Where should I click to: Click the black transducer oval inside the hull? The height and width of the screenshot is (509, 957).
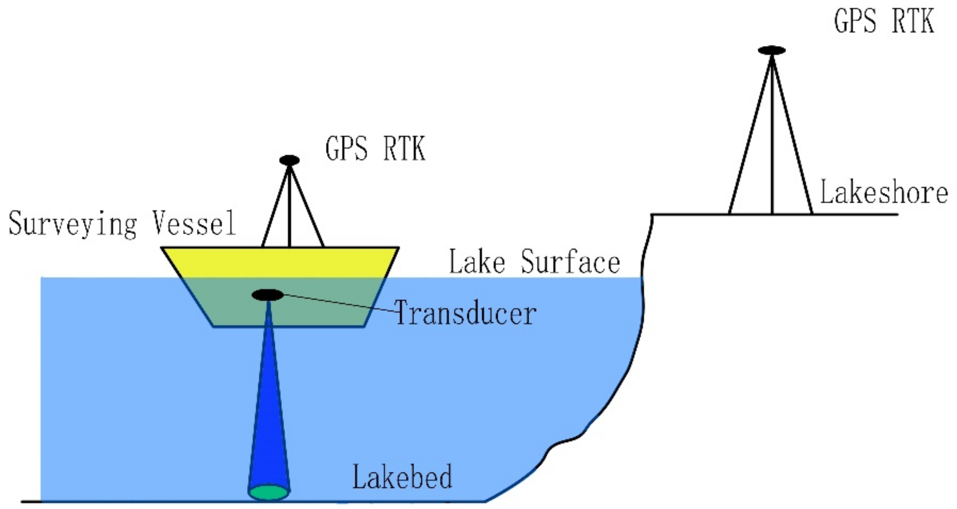coord(268,295)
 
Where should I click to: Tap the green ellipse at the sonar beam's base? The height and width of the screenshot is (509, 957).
coord(269,492)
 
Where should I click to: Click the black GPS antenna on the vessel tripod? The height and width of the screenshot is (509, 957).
coord(289,160)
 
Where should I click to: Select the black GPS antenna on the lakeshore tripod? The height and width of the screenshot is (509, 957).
coord(772,50)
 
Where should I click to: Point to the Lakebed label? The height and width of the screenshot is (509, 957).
coord(402,477)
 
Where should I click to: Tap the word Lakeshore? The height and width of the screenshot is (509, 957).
coord(884,192)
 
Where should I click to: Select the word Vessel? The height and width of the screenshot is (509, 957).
coord(194,223)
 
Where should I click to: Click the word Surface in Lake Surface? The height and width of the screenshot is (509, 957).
coord(570,262)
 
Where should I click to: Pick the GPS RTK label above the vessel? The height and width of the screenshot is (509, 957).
coord(375,149)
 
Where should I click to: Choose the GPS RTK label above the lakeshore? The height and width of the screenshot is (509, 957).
coord(884,21)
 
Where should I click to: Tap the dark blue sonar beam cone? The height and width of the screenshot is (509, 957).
coord(269,410)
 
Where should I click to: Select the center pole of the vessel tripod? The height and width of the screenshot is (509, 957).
coord(289,211)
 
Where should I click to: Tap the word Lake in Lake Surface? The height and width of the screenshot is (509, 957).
coord(477,262)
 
